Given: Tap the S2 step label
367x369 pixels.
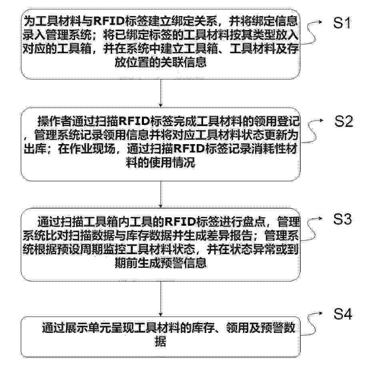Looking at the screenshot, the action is point(343,121).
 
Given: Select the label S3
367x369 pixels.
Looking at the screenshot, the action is point(343,219).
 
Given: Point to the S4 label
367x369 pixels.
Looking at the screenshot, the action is point(343,314).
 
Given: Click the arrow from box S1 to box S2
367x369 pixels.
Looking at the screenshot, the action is point(161,93).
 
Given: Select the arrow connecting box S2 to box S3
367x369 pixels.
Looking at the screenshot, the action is point(161,195).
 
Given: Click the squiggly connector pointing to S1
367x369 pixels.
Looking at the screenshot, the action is point(311,32).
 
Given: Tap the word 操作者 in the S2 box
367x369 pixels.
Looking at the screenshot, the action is point(54,121).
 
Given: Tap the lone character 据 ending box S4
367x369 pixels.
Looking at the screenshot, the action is point(161,341).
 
